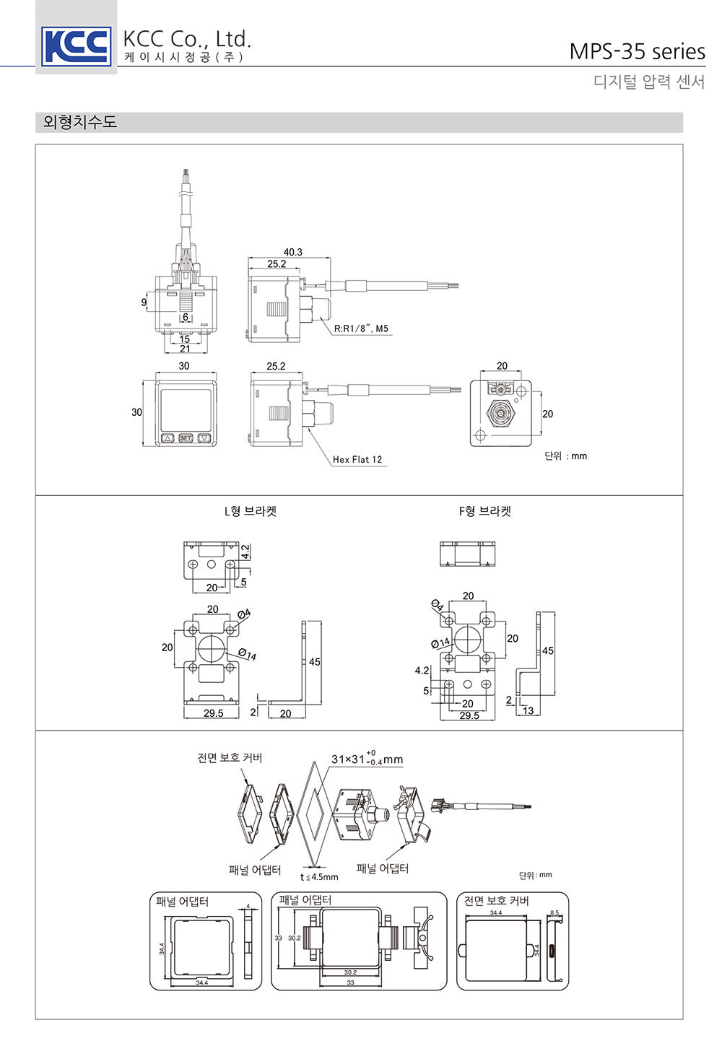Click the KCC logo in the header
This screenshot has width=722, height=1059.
[x=76, y=45]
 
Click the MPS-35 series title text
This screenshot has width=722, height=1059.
[x=637, y=52]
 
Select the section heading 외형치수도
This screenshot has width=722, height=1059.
[x=80, y=122]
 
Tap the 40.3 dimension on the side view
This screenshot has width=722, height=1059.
[x=292, y=252]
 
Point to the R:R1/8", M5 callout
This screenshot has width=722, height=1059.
[x=361, y=329]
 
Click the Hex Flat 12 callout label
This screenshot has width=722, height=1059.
[x=357, y=459]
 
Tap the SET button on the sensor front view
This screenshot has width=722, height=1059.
[x=186, y=437]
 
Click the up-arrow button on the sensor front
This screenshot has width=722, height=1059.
[x=168, y=437]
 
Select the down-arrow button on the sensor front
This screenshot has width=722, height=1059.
[x=204, y=437]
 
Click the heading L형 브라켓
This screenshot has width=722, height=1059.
[x=250, y=511]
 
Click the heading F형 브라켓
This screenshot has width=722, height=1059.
[x=485, y=511]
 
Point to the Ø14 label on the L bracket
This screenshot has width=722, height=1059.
[x=247, y=655]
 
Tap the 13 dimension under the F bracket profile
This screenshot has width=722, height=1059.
[x=529, y=711]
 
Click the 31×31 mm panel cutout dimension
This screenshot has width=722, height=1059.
[x=367, y=759]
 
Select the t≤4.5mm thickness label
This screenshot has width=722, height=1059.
[x=319, y=877]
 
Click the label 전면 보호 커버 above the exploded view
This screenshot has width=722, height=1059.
[x=230, y=757]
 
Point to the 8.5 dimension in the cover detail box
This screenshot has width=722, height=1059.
[x=554, y=913]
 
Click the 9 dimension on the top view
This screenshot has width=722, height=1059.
[x=144, y=302]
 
